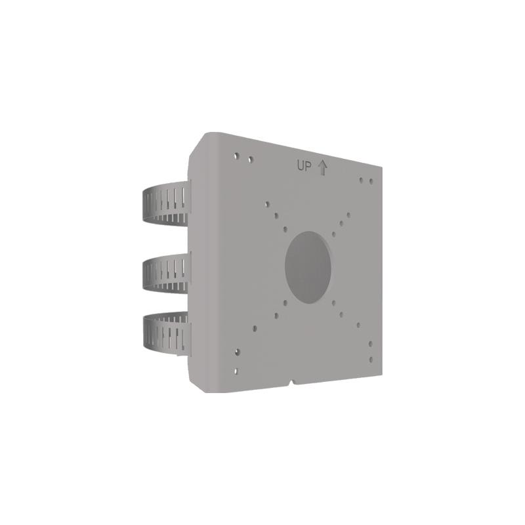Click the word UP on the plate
pyautogui.click(x=304, y=167)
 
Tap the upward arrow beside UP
pyautogui.click(x=322, y=167)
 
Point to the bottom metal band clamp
pyautogui.click(x=165, y=335)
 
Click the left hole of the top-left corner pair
pyautogui.click(x=236, y=156)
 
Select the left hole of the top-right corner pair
pyautogui.click(x=361, y=178)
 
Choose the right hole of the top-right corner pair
pyautogui.click(x=371, y=181)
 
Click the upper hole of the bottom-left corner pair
pyautogui.click(x=237, y=352)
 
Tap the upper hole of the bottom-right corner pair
pyautogui.click(x=370, y=343)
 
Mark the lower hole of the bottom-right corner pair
pyautogui.click(x=370, y=359)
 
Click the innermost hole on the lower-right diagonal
pyautogui.click(x=334, y=303)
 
